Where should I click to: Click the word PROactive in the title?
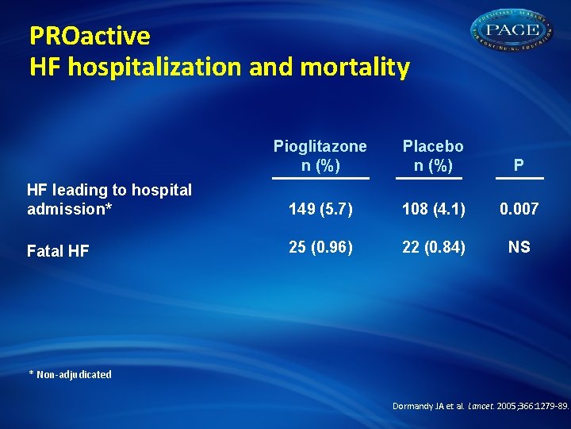[90, 37]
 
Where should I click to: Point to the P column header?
[518, 166]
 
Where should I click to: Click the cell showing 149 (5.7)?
[320, 209]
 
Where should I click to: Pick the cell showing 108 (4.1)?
[433, 209]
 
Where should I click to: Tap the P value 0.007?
[519, 209]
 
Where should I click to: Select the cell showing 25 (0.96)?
[320, 247]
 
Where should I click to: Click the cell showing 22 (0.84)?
[433, 247]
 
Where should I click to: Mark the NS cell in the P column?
[519, 247]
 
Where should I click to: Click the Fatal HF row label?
[58, 251]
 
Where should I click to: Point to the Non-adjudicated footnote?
[71, 374]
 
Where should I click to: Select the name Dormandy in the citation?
[414, 406]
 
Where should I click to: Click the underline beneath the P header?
[518, 179]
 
